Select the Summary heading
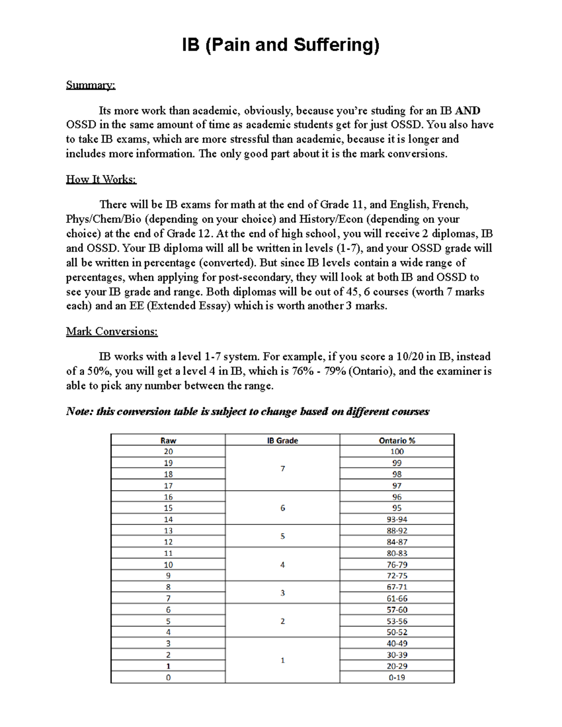(90, 85)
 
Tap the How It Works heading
(101, 179)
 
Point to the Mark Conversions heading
(111, 331)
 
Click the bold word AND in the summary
(467, 111)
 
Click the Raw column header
(168, 441)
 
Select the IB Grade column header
(282, 441)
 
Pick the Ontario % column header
(397, 441)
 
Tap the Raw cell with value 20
(168, 452)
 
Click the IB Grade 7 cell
(282, 469)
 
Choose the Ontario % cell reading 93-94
(397, 520)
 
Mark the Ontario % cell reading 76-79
(397, 565)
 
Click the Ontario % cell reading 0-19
(397, 677)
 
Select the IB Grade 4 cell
(282, 565)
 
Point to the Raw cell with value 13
(168, 531)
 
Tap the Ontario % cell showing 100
(397, 452)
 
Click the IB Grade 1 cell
(282, 661)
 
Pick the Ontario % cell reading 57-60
(397, 610)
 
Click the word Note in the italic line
(79, 411)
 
